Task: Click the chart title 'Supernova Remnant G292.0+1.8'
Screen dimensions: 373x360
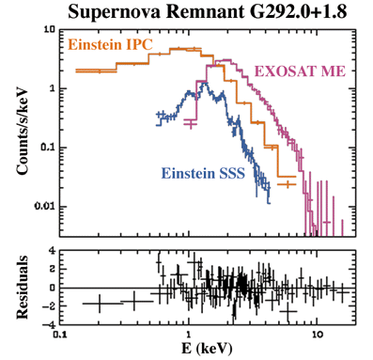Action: coord(208,12)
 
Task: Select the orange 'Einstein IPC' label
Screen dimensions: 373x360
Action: coord(110,45)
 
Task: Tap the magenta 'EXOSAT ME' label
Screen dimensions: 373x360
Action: coord(300,71)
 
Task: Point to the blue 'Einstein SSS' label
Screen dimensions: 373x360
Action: coord(203,173)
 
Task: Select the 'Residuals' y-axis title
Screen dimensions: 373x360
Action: coord(22,288)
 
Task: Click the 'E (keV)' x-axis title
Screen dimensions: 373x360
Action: coord(207,349)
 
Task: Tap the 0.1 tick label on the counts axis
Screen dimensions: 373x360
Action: coord(48,148)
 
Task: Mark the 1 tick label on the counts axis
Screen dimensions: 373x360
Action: coord(52,88)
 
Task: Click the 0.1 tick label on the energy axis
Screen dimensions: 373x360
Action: coord(60,334)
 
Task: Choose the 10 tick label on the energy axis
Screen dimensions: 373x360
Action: coord(318,334)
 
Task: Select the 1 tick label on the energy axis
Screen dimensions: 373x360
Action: coord(189,334)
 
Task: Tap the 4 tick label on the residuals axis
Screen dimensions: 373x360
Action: coord(52,251)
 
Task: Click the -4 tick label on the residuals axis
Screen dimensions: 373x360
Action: coord(49,324)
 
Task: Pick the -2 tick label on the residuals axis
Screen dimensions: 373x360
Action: coord(49,306)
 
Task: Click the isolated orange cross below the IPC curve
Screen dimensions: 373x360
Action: coord(287,184)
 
